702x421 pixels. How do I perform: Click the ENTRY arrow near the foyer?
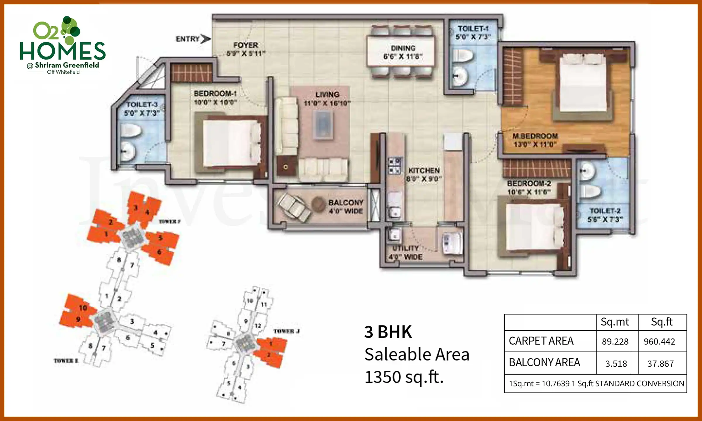[x=206, y=39]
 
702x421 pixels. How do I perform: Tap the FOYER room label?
[x=246, y=49]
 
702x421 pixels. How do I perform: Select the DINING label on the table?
[x=403, y=52]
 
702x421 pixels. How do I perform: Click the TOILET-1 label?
[x=473, y=32]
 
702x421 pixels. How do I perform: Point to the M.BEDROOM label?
[x=535, y=140]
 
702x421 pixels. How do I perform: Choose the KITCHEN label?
[x=424, y=174]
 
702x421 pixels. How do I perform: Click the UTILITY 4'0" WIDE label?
[x=405, y=253]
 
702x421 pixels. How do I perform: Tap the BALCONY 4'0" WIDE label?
[x=346, y=206]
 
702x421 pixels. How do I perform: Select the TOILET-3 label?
[x=142, y=108]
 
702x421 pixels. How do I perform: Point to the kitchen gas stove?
[x=395, y=166]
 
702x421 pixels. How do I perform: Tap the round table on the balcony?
[x=318, y=204]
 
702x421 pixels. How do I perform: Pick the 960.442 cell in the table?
[x=659, y=341]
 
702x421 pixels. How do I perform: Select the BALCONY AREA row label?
[x=544, y=363]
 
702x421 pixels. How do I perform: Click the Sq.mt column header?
[x=615, y=322]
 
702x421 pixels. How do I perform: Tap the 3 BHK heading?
[x=388, y=332]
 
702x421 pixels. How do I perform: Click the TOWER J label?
[x=286, y=331]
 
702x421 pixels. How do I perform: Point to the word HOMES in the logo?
[x=63, y=51]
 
